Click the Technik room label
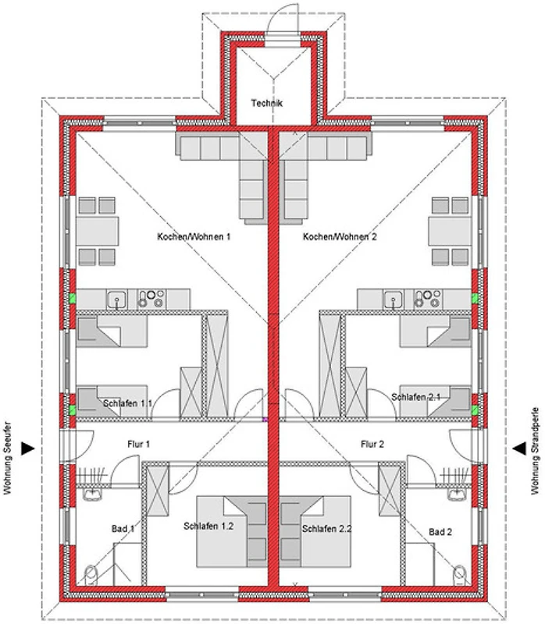coord(267,103)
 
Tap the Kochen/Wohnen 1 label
coord(194,236)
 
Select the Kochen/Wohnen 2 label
coord(340,236)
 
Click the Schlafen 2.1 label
coord(416,397)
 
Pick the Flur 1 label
coord(138,445)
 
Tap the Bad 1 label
coord(123,529)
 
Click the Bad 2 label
coord(441,532)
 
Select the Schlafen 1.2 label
coord(208,526)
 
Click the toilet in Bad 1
coord(91,575)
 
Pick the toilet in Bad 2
coord(461,575)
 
